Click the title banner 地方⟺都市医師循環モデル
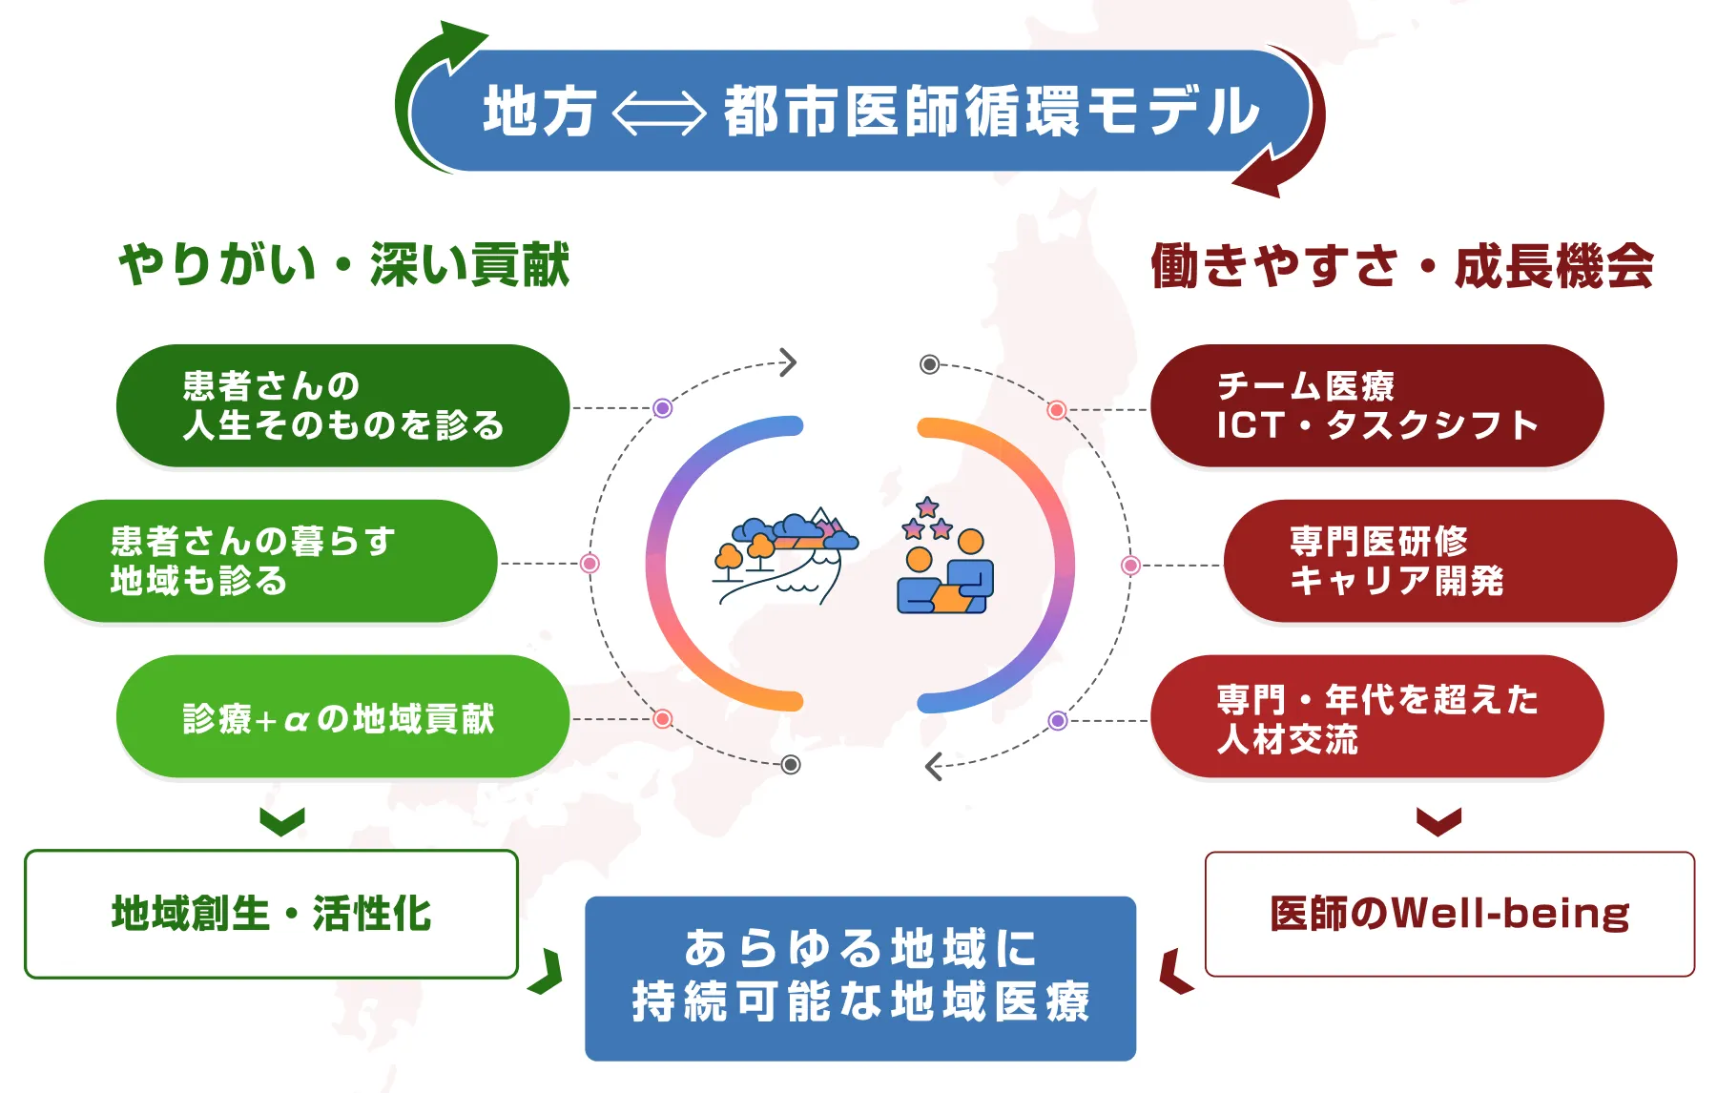point(858,111)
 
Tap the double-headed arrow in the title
point(658,113)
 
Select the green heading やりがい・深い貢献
point(344,264)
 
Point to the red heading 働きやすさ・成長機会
point(1401,266)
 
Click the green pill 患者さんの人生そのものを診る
point(342,405)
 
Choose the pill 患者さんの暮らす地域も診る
point(270,561)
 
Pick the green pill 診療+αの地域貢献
point(342,716)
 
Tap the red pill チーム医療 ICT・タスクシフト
point(1376,405)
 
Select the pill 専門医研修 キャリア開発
point(1449,561)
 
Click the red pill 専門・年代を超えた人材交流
point(1376,716)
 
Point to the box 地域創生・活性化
point(271,914)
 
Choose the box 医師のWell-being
point(1449,914)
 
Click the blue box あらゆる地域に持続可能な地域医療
point(859,978)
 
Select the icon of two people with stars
point(943,558)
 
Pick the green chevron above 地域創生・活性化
point(282,821)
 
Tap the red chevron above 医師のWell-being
point(1438,821)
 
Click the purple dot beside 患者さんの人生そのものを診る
point(663,408)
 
